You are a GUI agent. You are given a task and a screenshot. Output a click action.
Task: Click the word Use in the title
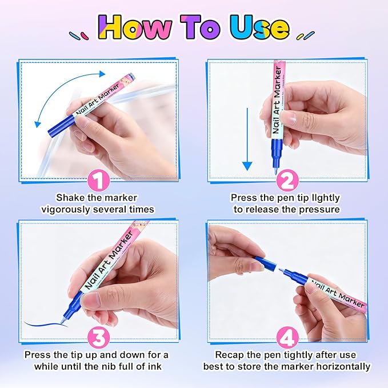point(259,27)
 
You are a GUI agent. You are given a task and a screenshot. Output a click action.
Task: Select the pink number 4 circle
point(287,337)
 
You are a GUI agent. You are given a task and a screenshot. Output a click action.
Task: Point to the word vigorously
point(68,209)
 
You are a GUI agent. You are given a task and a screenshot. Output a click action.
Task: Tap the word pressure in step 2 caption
point(318,209)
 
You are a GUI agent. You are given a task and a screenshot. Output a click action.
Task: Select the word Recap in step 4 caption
point(228,355)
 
